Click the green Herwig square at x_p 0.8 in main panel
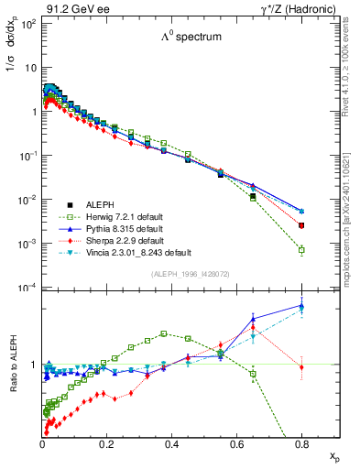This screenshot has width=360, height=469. pyautogui.click(x=301, y=249)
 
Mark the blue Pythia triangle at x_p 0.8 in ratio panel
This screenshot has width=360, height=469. pyautogui.click(x=301, y=306)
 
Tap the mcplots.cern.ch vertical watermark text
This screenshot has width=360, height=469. pyautogui.click(x=352, y=229)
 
